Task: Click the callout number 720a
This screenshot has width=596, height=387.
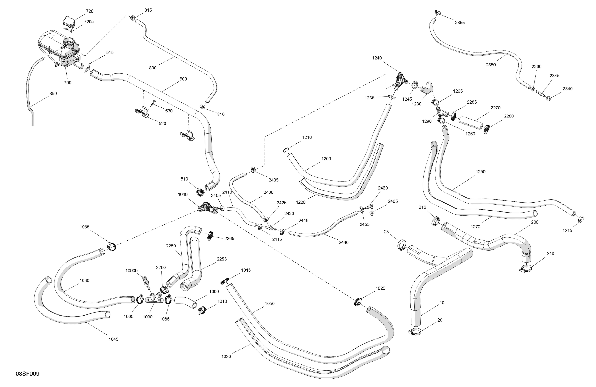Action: (89, 22)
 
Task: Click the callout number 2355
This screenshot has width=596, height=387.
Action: (460, 23)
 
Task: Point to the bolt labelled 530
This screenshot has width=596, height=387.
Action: (153, 103)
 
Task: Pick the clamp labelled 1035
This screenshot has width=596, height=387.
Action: (111, 246)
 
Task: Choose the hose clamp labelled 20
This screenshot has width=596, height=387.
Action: (414, 332)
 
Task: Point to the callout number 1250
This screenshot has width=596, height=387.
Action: (480, 172)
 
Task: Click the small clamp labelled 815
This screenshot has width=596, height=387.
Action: (133, 18)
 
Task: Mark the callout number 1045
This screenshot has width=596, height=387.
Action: (113, 339)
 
